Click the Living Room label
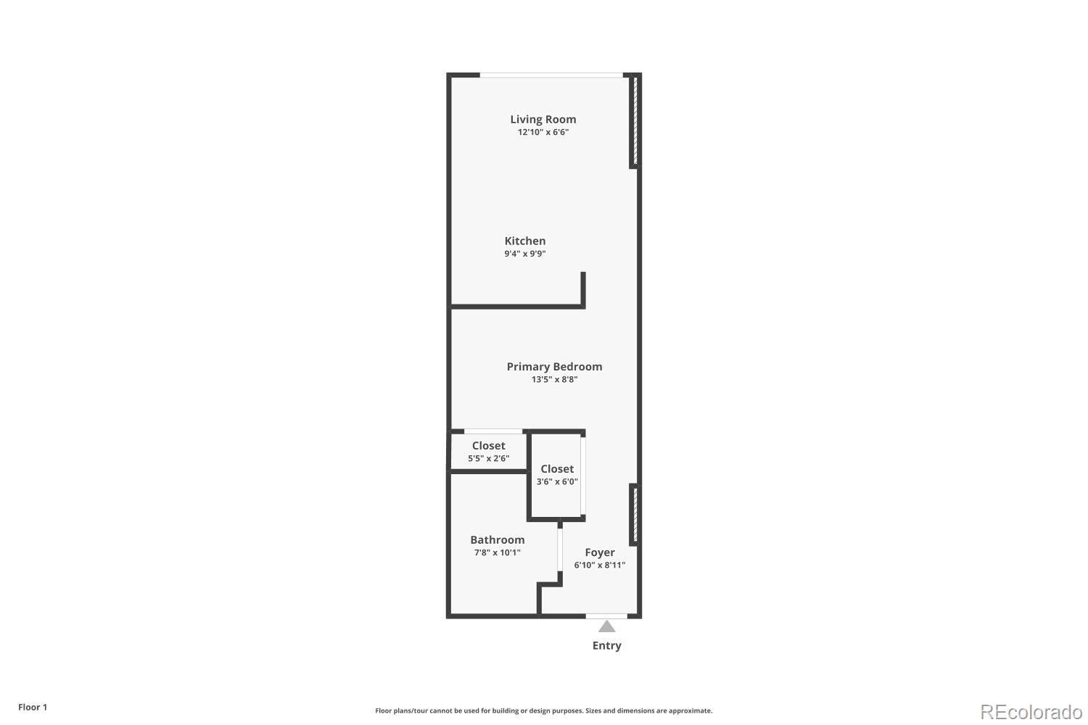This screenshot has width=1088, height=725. click(x=543, y=120)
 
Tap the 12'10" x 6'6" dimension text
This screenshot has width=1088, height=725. click(x=543, y=133)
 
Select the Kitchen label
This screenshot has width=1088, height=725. click(x=525, y=241)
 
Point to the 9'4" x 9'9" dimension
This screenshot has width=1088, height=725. click(x=525, y=254)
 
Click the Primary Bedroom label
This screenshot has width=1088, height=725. click(x=554, y=367)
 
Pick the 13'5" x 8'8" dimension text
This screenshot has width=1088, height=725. click(x=554, y=379)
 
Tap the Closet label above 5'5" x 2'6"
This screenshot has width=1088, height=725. click(x=488, y=446)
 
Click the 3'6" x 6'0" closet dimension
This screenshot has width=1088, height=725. click(x=557, y=481)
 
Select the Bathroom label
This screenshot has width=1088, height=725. click(x=497, y=540)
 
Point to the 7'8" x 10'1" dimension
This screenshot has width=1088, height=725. click(x=497, y=552)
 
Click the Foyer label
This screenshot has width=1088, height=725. click(x=600, y=552)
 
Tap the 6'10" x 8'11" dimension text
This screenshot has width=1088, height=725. click(x=600, y=565)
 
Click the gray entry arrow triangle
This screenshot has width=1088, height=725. click(x=606, y=626)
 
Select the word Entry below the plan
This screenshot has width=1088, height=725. click(x=606, y=646)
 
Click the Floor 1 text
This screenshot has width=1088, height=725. click(x=33, y=708)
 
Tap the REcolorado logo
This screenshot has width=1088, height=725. click(x=1031, y=711)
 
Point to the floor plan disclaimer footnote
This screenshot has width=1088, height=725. click(x=543, y=711)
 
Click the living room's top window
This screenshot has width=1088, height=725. click(x=551, y=75)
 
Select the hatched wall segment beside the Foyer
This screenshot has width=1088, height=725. click(x=633, y=515)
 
